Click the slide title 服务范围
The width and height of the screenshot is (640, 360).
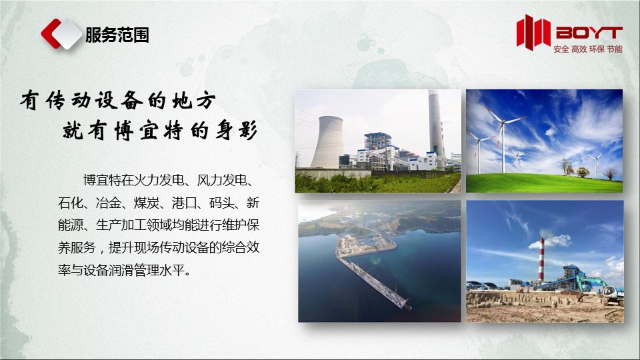[x=117, y=35]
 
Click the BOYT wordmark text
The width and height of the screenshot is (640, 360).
[x=589, y=33]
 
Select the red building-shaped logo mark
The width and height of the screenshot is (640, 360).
[x=533, y=32]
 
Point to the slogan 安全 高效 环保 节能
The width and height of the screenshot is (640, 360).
[x=588, y=49]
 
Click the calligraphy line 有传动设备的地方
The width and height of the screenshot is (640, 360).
[x=118, y=101]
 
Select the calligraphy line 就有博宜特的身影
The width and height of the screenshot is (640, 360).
[x=160, y=131]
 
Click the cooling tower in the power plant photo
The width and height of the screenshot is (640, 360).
[x=327, y=141]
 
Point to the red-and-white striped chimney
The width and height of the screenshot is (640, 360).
[x=541, y=259]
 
